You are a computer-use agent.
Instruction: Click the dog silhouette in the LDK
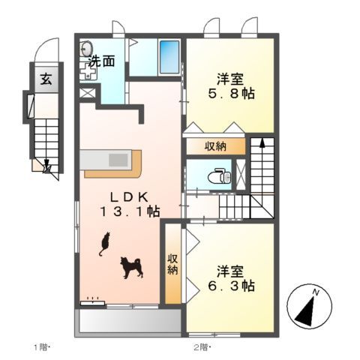(x=131, y=267)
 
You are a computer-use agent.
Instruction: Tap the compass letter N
(x=317, y=292)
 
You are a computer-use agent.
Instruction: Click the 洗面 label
(x=101, y=62)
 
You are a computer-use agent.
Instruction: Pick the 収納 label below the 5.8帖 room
(x=214, y=146)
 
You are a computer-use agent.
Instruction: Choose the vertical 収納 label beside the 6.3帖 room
(x=172, y=263)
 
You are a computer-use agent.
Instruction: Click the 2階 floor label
(x=202, y=346)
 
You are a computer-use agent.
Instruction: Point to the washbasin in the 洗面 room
(x=84, y=46)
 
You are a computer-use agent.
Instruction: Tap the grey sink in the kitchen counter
(x=118, y=160)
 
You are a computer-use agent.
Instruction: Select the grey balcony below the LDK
(x=128, y=320)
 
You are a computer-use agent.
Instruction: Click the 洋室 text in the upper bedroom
(x=229, y=78)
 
